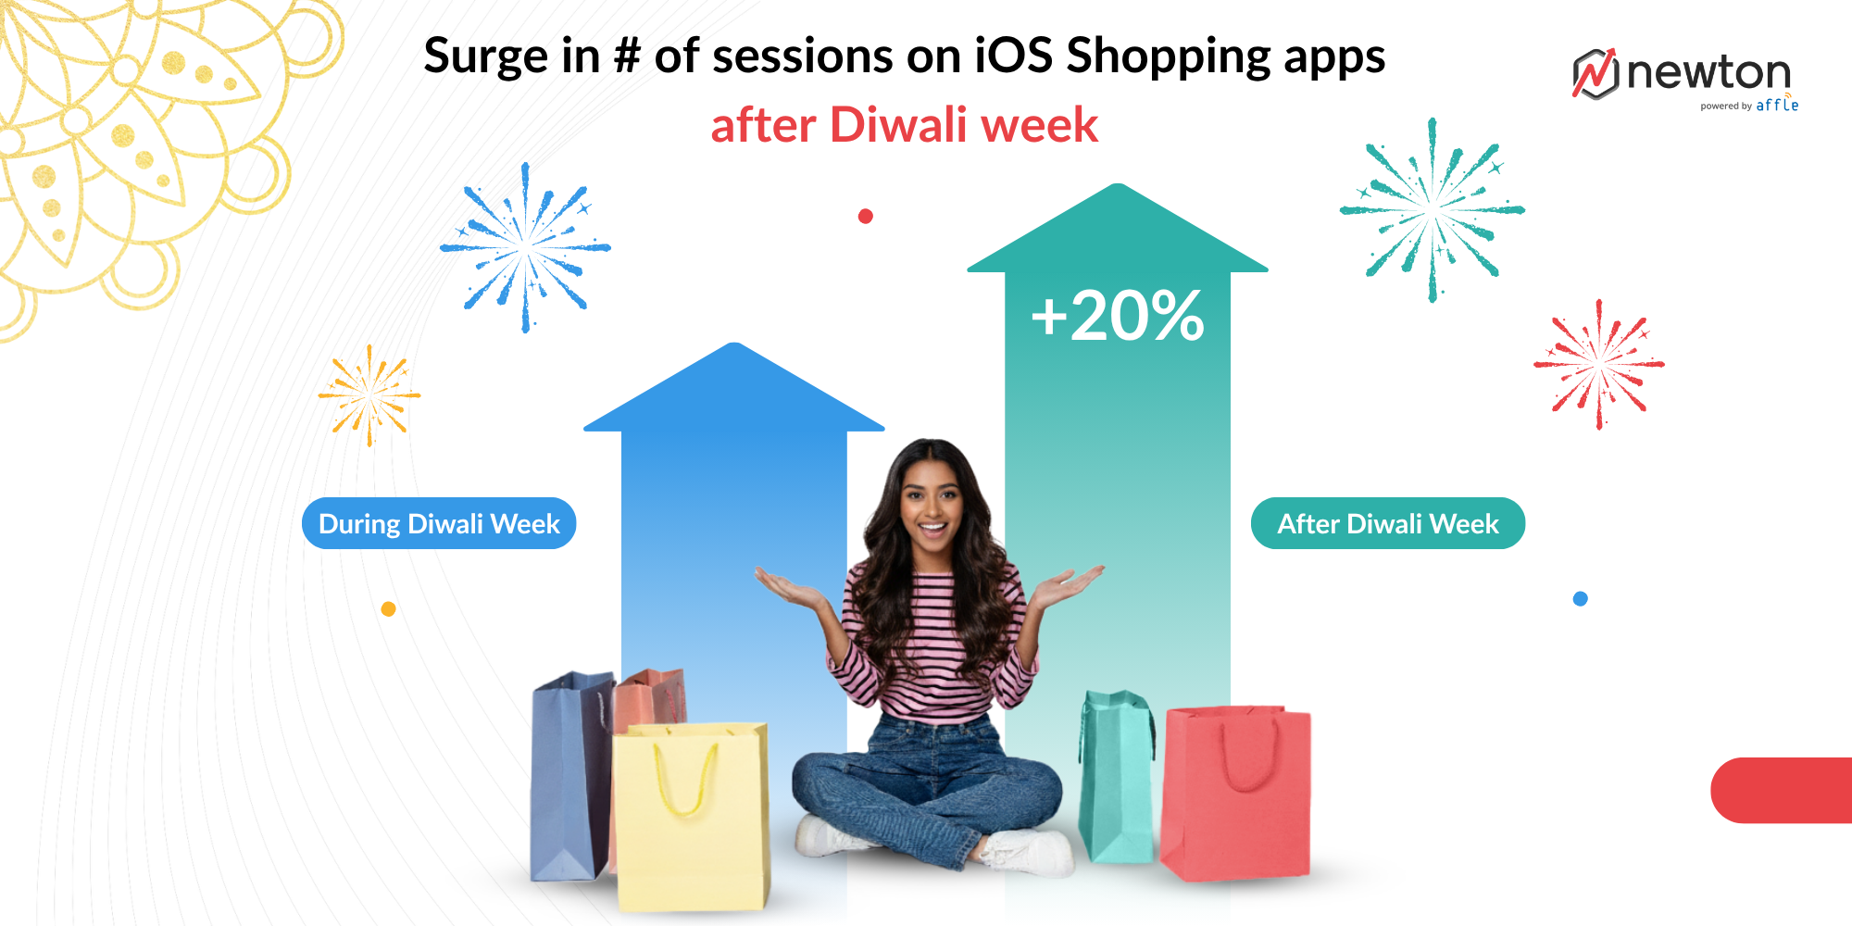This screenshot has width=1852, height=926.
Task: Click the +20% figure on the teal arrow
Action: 1117,316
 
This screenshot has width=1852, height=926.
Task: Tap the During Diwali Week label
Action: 439,523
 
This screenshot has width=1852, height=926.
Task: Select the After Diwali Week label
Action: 1387,523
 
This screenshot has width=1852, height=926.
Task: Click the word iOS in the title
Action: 1013,56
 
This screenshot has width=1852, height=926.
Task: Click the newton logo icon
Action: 1595,73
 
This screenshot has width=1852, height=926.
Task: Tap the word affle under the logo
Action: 1777,106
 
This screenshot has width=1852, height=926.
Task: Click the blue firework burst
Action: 525,247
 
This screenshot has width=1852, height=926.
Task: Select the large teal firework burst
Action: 1432,210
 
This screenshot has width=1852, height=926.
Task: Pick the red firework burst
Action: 1599,364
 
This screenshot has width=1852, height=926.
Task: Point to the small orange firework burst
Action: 369,395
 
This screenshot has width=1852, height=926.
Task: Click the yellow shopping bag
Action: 691,815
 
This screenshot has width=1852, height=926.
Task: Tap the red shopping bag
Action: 1237,792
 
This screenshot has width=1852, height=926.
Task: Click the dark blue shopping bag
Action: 569,778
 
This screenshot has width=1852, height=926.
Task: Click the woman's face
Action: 932,505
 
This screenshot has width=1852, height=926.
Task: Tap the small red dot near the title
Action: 866,217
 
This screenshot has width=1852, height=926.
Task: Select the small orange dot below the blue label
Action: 389,609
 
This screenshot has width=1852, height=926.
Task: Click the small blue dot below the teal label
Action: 1581,599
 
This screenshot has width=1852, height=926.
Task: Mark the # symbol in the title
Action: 627,56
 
